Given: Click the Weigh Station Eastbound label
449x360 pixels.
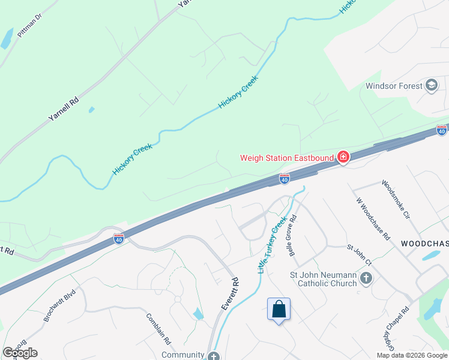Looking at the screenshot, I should (288, 158).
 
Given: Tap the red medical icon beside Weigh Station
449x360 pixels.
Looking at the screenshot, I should (343, 158).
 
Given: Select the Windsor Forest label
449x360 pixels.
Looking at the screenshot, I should (394, 86).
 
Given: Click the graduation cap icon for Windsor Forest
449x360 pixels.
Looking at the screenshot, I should (431, 86).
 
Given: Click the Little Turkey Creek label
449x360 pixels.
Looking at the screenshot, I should (273, 245).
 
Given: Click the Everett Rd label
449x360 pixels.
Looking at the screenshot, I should (230, 293).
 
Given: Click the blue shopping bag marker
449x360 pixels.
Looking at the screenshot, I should (279, 310).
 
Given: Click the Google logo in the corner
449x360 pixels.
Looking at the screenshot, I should (20, 352).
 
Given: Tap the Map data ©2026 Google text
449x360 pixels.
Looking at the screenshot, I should (411, 355).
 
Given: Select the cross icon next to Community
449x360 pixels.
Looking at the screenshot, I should (214, 356).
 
